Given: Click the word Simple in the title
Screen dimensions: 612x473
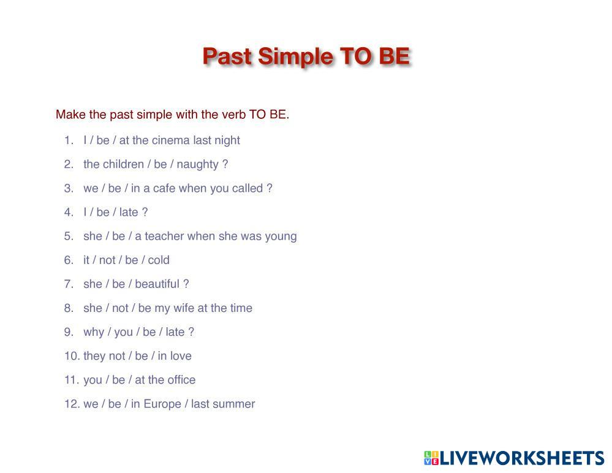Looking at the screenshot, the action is (295, 57).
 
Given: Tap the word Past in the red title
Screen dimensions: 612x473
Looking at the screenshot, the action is (227, 56).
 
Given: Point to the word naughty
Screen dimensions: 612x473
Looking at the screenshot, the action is (197, 165).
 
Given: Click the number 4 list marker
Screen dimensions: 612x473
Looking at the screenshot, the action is (69, 213).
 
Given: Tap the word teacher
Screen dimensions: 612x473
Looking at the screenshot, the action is (164, 236).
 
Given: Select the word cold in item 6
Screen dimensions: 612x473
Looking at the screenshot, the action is (159, 260).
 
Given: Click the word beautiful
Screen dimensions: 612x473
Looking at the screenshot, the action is (157, 284).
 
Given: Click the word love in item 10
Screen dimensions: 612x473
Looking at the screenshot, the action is (181, 356).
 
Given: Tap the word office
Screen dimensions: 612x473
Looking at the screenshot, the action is (181, 380).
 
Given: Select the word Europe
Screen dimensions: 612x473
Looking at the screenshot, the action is (162, 404).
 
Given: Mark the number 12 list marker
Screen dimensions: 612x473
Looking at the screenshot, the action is (72, 404).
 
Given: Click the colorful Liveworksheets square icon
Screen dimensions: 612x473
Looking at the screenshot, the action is (431, 458).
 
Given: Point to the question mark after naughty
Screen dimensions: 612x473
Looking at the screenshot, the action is (225, 164).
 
